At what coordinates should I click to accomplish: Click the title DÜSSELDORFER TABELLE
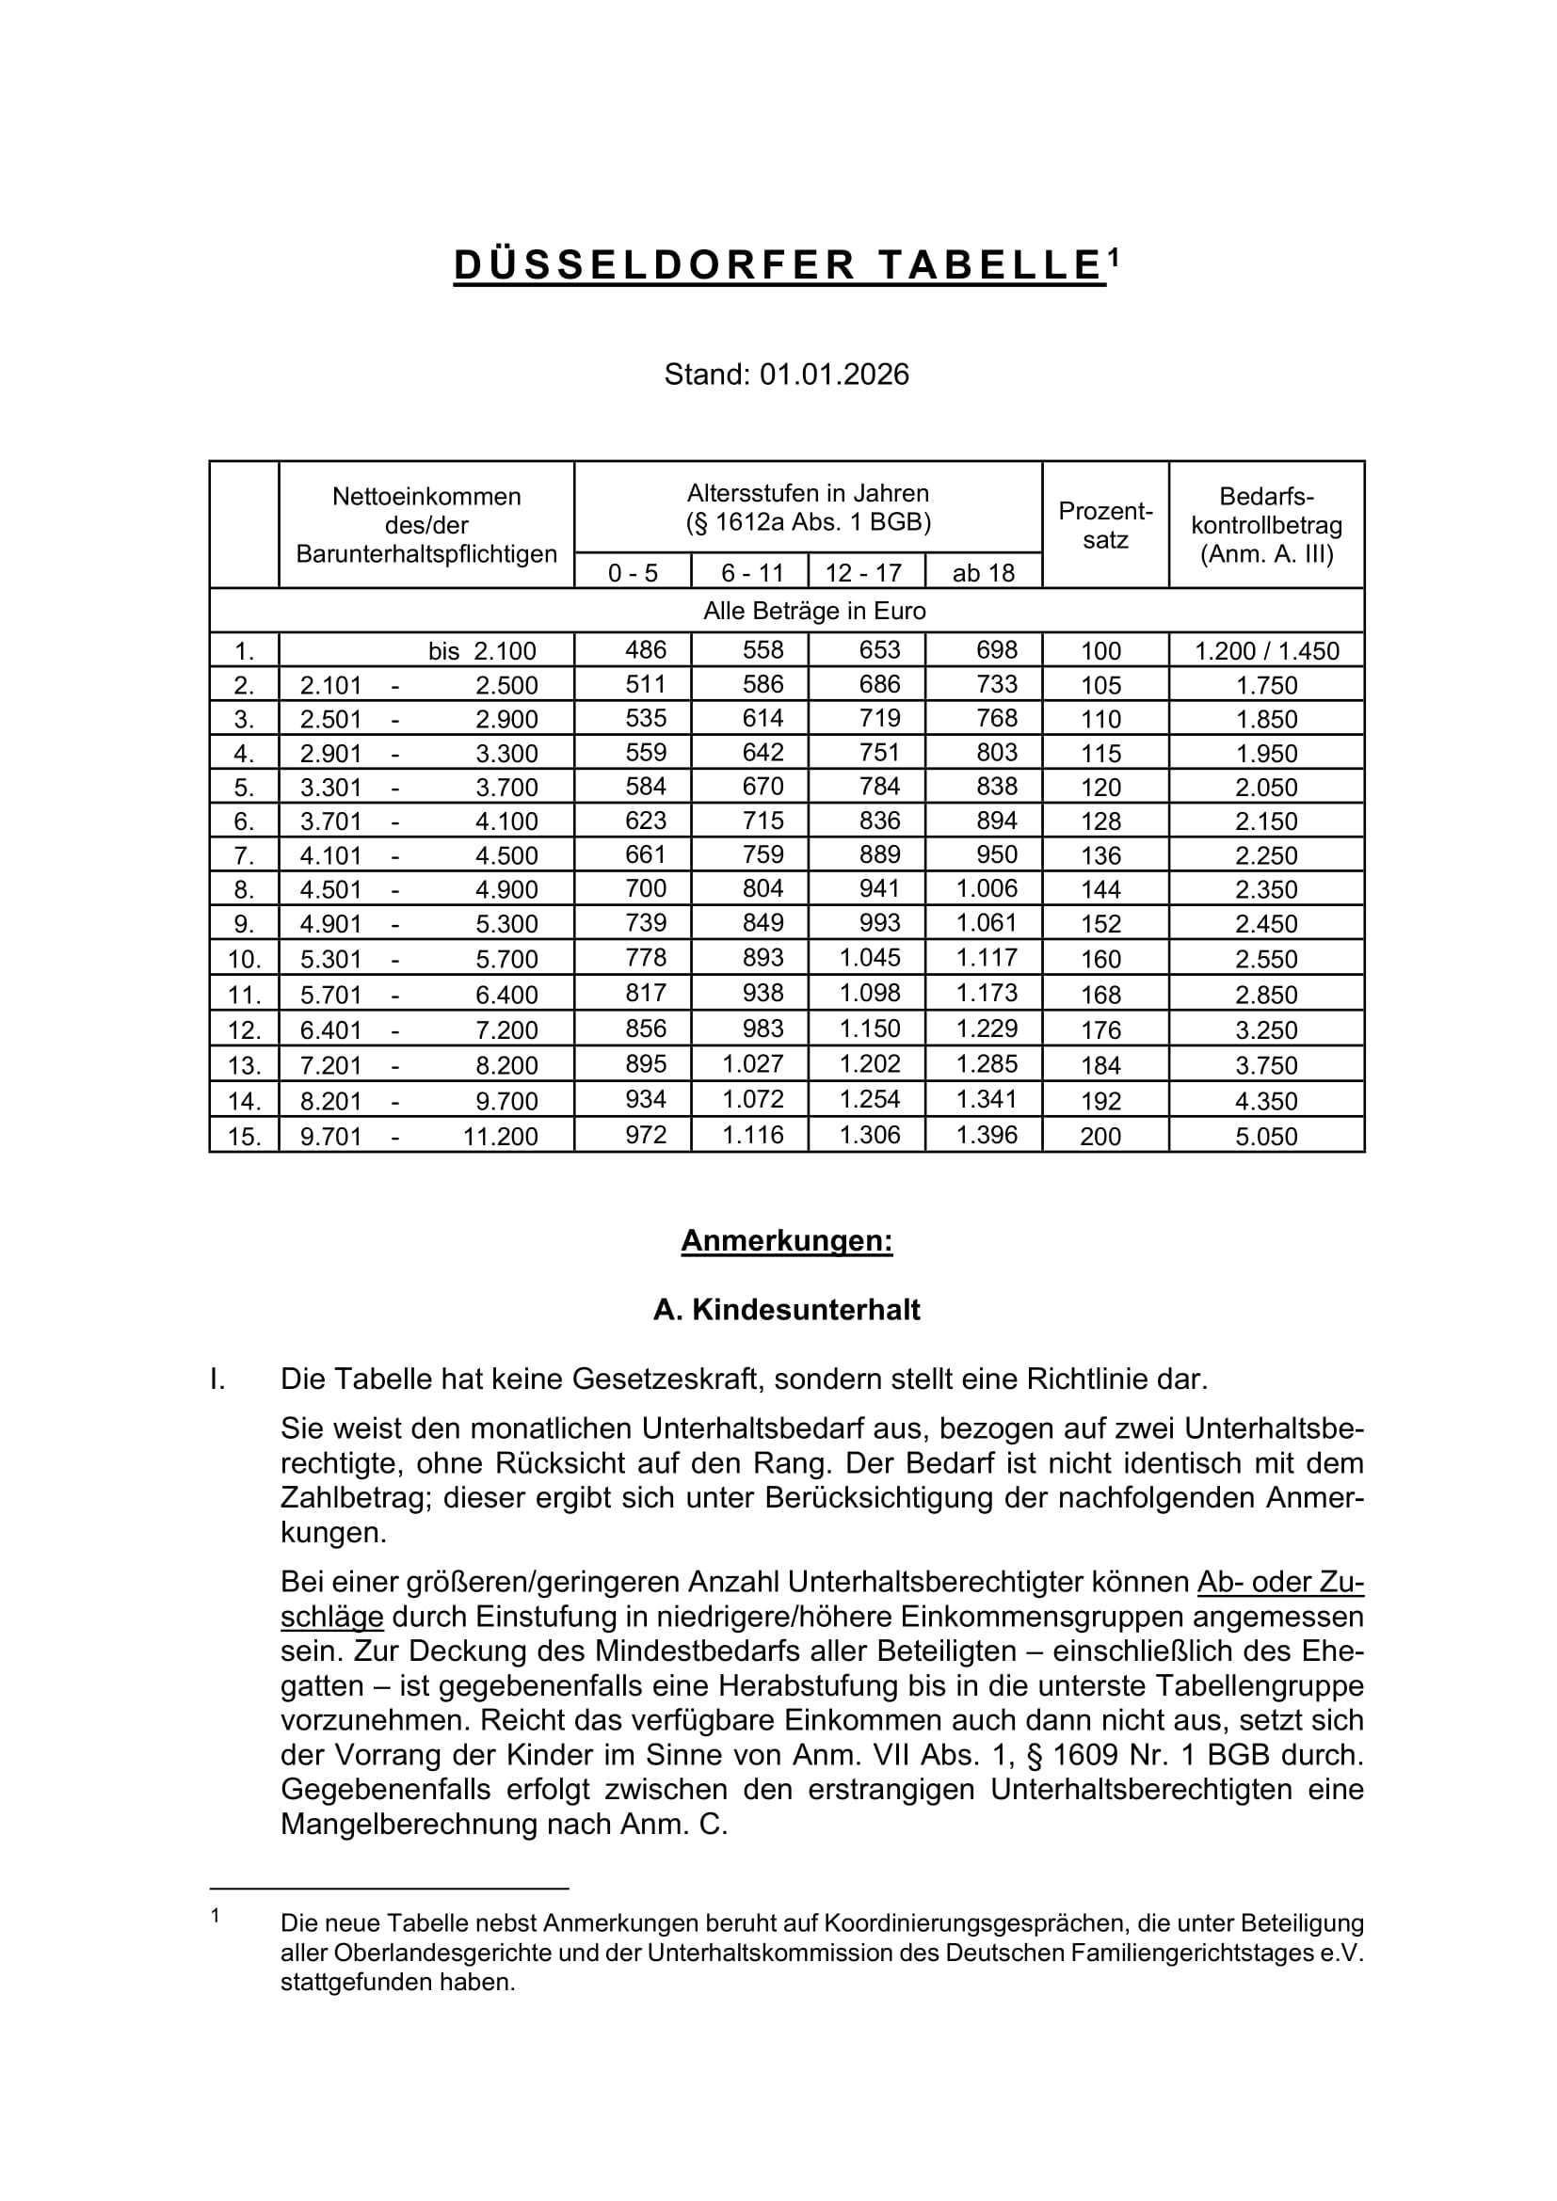(x=778, y=265)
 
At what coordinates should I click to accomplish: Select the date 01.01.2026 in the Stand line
(x=834, y=374)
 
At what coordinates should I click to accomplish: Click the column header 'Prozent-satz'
(x=1104, y=524)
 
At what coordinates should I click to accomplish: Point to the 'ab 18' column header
(x=983, y=573)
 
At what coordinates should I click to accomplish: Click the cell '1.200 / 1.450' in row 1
(x=1265, y=651)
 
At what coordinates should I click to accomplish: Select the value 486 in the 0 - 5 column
(x=645, y=650)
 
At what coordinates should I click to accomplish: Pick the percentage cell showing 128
(x=1100, y=821)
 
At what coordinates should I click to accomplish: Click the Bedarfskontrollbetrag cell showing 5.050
(x=1265, y=1136)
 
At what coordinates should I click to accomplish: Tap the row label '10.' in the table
(x=244, y=959)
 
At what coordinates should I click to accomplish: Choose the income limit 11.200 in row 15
(x=501, y=1136)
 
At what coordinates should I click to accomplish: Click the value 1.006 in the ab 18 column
(x=987, y=887)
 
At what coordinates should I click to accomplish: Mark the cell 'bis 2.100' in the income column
(x=482, y=651)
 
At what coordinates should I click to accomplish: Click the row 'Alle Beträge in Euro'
(x=814, y=611)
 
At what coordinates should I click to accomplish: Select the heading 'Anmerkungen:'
(x=786, y=1241)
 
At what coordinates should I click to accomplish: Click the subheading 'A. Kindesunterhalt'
(x=786, y=1310)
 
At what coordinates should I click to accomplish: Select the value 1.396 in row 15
(x=987, y=1135)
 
